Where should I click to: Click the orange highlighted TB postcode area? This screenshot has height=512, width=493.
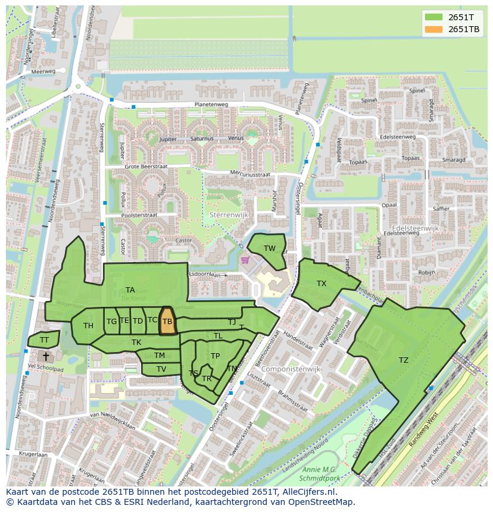tap(168, 321)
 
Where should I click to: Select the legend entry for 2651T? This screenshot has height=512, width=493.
tap(451, 17)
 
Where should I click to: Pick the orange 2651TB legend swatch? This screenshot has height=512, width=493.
tap(434, 29)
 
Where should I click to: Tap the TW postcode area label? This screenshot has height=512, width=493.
tap(270, 249)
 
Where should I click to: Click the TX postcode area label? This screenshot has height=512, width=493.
tap(322, 284)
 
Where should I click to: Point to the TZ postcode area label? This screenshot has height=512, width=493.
tap(404, 360)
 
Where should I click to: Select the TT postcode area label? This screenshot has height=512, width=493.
tap(44, 340)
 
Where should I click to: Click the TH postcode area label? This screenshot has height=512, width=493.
tap(88, 326)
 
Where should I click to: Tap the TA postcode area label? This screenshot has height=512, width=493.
tap(130, 290)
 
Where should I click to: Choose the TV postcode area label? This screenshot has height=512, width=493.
tap(161, 369)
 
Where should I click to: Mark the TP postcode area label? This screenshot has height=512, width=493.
tap(215, 356)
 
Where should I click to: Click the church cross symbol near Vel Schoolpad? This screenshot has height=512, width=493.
tap(46, 356)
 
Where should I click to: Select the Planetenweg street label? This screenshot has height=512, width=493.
tap(211, 105)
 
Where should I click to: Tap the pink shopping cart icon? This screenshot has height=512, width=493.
tap(244, 260)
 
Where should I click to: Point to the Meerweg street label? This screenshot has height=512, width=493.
tap(43, 71)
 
